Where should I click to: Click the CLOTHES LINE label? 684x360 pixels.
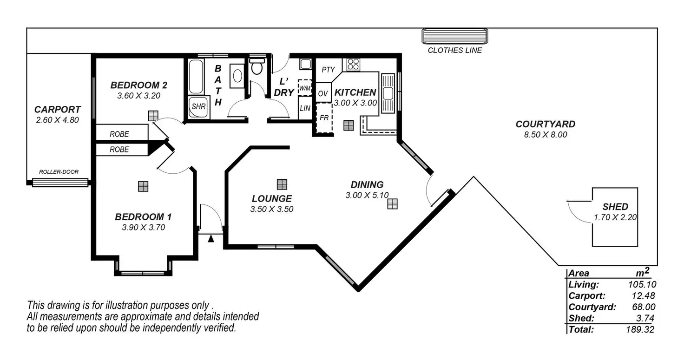point(454,50)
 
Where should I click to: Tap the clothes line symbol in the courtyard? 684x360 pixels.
point(454,36)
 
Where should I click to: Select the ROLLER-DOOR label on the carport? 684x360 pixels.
point(59,172)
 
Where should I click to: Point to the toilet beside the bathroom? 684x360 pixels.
point(257,67)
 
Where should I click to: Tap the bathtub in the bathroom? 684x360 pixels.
point(196,76)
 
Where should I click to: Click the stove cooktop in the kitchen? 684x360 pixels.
point(353,64)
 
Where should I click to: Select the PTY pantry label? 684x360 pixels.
point(328,70)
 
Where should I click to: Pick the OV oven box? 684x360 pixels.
point(323,93)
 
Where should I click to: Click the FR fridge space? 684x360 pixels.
point(324,118)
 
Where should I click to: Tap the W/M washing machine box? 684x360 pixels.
point(305,87)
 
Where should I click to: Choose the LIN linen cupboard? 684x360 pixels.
point(305,108)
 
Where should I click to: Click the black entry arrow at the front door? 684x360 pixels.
point(211,239)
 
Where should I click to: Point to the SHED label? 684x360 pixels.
point(615,207)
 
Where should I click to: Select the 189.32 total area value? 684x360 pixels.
point(642,329)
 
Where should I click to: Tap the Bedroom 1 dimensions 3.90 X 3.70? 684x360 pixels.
point(144,228)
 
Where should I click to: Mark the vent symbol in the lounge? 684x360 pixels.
point(282,184)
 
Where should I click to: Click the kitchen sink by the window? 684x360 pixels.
point(388,93)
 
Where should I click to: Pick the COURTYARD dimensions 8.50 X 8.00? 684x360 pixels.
point(545,135)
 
